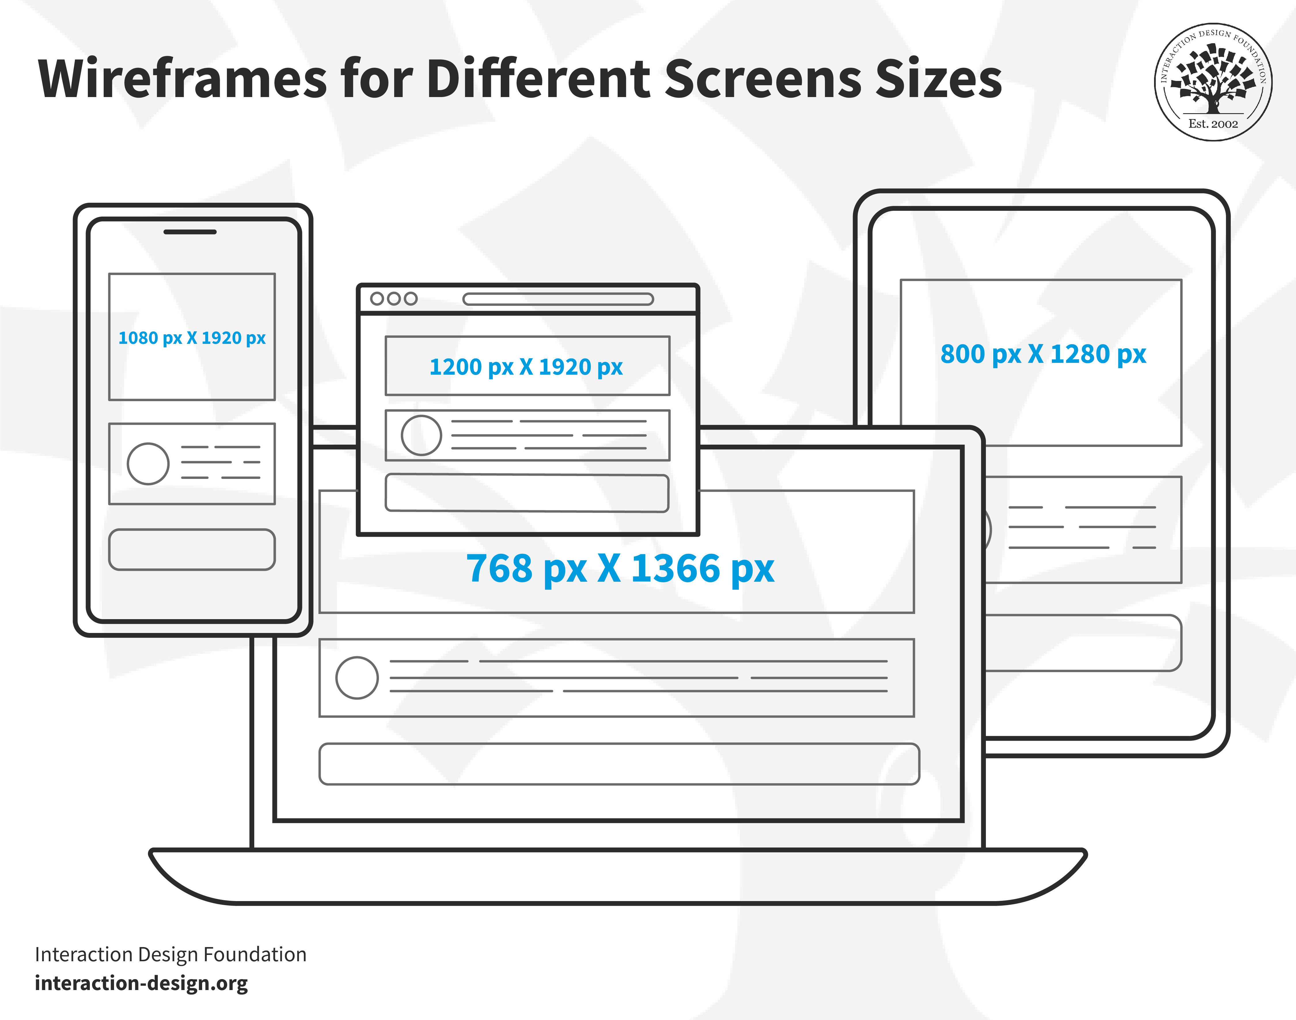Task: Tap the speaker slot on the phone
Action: (x=190, y=232)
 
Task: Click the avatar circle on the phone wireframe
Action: (x=148, y=463)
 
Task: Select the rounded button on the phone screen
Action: (x=192, y=549)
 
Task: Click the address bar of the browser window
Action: (x=558, y=299)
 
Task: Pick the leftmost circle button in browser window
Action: (x=377, y=299)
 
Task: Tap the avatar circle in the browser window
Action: (x=422, y=435)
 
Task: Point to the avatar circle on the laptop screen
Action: (x=357, y=678)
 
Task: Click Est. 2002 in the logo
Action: (x=1213, y=124)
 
